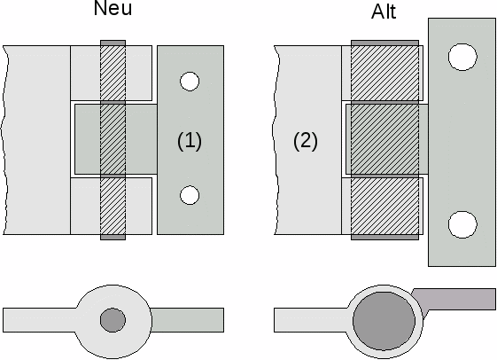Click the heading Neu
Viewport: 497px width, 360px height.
pyautogui.click(x=113, y=8)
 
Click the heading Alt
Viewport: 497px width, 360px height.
pyautogui.click(x=384, y=12)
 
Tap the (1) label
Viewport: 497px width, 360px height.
pyautogui.click(x=190, y=141)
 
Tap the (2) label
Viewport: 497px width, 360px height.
pyautogui.click(x=306, y=141)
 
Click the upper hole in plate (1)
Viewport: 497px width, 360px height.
pyautogui.click(x=190, y=82)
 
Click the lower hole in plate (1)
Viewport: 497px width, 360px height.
pyautogui.click(x=190, y=195)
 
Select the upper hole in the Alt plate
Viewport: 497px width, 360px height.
pyautogui.click(x=462, y=57)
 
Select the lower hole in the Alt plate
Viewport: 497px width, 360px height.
pyautogui.click(x=462, y=224)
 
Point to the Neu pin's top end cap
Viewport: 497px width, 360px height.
pyautogui.click(x=113, y=43)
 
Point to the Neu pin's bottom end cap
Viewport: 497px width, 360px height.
pyautogui.click(x=113, y=238)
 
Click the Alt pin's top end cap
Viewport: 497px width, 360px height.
pyautogui.click(x=384, y=43)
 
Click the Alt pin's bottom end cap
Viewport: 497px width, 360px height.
pyautogui.click(x=384, y=238)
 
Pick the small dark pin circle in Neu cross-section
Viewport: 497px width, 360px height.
pyautogui.click(x=113, y=320)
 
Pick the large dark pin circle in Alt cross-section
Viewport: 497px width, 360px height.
pyautogui.click(x=384, y=321)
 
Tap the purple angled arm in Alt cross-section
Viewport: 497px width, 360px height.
pyautogui.click(x=456, y=300)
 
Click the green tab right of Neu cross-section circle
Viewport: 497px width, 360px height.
pyautogui.click(x=187, y=320)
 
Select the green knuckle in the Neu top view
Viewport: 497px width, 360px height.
pyautogui.click(x=116, y=139)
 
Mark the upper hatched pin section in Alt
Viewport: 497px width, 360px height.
pyautogui.click(x=384, y=74)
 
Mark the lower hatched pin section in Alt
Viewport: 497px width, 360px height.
pyautogui.click(x=384, y=207)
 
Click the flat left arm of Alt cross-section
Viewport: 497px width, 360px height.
pyautogui.click(x=311, y=320)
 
